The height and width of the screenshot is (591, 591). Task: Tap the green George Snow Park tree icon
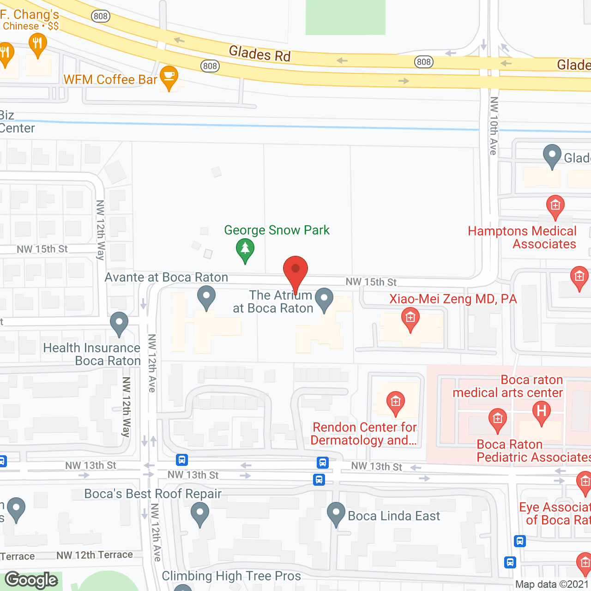pyautogui.click(x=245, y=250)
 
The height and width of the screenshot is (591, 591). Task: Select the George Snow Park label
pyautogui.click(x=277, y=230)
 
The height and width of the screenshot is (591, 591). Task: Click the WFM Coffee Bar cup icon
pyautogui.click(x=169, y=77)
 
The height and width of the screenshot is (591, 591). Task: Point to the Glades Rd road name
pyautogui.click(x=259, y=54)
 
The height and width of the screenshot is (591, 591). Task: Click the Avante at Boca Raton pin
pyautogui.click(x=206, y=297)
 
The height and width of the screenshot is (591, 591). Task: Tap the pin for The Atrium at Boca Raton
pyautogui.click(x=324, y=300)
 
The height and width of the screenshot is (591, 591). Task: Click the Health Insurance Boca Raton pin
pyautogui.click(x=119, y=323)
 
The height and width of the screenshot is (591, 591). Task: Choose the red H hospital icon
pyautogui.click(x=542, y=411)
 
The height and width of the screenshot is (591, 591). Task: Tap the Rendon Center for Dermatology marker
pyautogui.click(x=395, y=403)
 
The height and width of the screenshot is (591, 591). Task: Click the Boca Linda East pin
pyautogui.click(x=336, y=513)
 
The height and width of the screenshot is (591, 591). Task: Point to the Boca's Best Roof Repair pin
pyautogui.click(x=200, y=513)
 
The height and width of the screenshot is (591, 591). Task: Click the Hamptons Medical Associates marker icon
pyautogui.click(x=555, y=206)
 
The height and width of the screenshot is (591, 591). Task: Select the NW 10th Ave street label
pyautogui.click(x=494, y=126)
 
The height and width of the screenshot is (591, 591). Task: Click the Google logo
pyautogui.click(x=31, y=580)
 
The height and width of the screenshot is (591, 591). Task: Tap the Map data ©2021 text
pyautogui.click(x=552, y=584)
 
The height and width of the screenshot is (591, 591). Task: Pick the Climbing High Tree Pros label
pyautogui.click(x=231, y=576)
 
